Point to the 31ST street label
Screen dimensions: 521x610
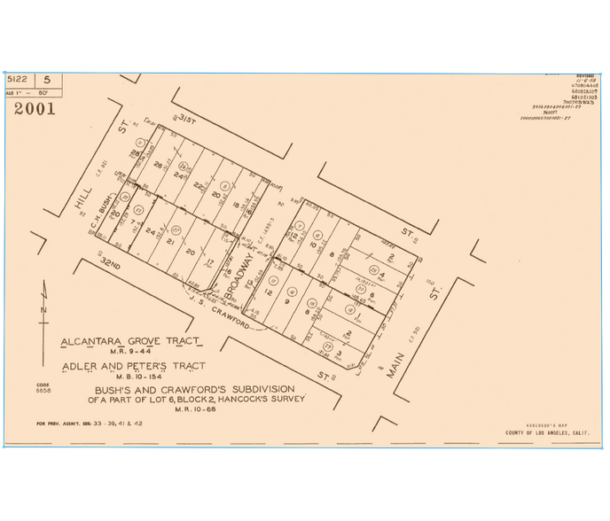click(184, 119)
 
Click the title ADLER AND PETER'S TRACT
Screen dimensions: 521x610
click(132, 366)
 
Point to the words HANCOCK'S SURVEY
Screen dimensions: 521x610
click(265, 398)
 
